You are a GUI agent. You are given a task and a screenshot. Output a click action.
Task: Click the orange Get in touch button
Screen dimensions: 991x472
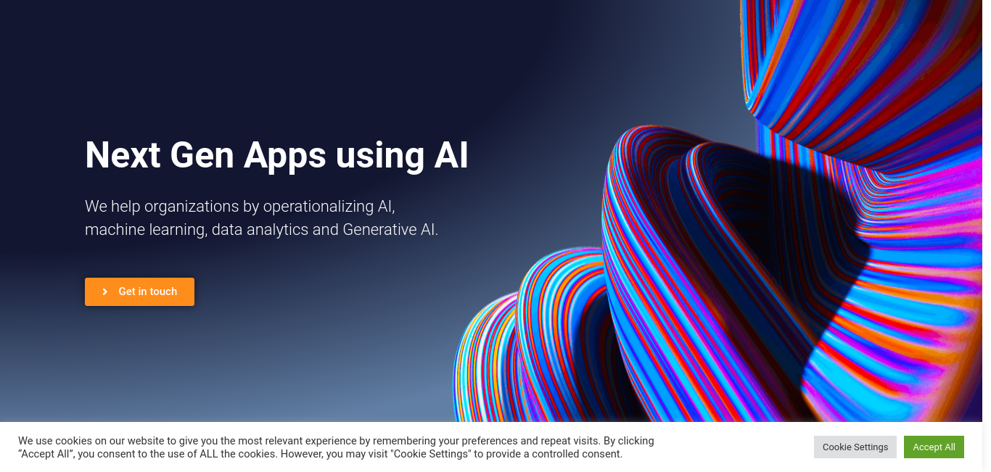(139, 291)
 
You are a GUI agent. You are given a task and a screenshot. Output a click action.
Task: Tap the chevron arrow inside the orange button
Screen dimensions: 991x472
(105, 291)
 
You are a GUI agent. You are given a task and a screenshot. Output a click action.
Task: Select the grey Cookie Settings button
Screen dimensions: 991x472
(855, 447)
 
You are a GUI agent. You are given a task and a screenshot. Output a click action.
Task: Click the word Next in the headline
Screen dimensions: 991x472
(123, 155)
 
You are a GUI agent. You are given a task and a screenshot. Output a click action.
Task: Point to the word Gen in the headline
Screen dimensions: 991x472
(202, 155)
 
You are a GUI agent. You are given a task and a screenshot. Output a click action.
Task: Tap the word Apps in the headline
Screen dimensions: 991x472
(284, 157)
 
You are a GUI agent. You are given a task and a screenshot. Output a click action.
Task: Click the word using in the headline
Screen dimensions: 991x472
(380, 157)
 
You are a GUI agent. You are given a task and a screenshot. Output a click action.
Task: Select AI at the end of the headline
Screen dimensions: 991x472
(451, 155)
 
